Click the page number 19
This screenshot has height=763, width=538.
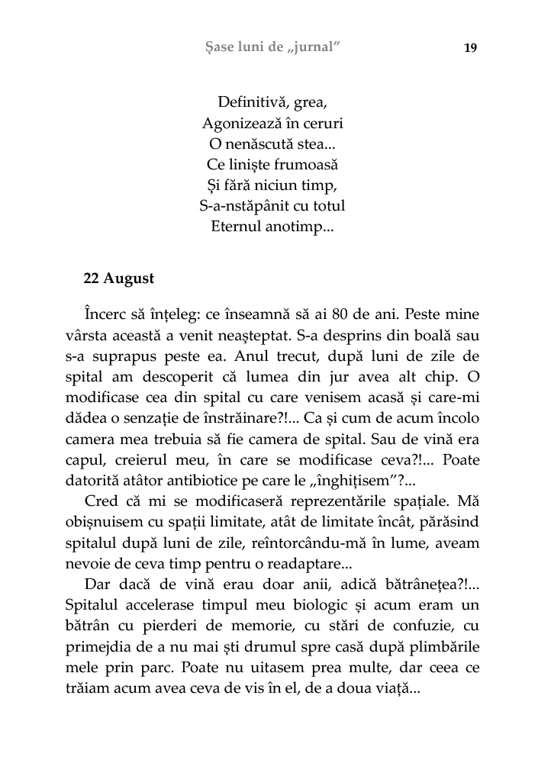(470, 48)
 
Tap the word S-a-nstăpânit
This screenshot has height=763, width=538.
(239, 206)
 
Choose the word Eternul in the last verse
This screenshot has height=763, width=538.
(237, 227)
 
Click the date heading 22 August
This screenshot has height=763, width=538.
(118, 278)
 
